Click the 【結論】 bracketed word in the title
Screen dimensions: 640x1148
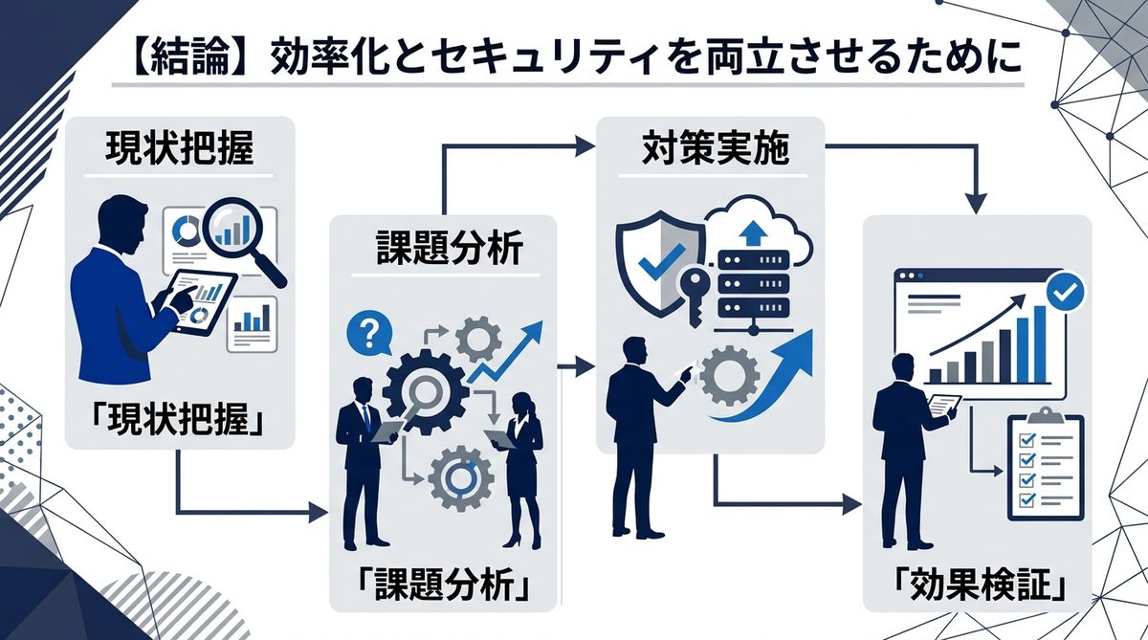pyautogui.click(x=184, y=56)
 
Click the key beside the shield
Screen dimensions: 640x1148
pyautogui.click(x=696, y=292)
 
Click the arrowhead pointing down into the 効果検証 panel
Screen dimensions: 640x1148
pyautogui.click(x=975, y=203)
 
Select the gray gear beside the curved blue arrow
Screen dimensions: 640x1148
pyautogui.click(x=729, y=374)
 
